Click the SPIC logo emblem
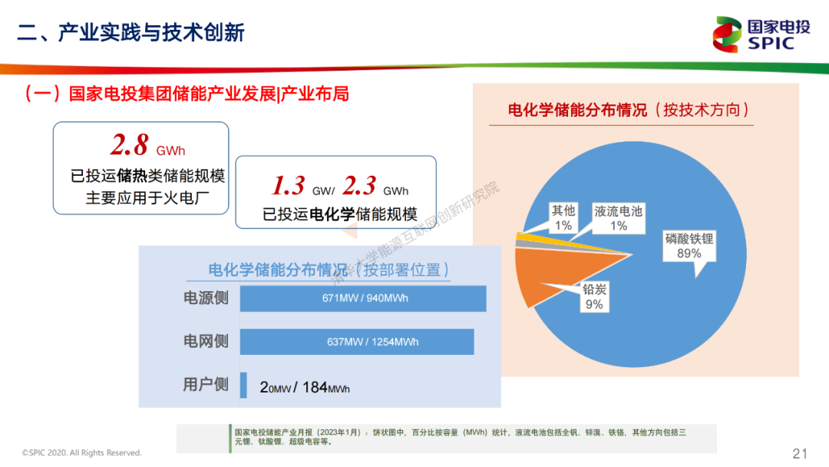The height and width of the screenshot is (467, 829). click(x=727, y=35)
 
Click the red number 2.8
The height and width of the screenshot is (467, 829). click(x=130, y=144)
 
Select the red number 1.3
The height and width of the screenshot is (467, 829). click(x=288, y=185)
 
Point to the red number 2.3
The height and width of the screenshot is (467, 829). click(x=359, y=185)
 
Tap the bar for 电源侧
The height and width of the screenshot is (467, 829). click(x=363, y=298)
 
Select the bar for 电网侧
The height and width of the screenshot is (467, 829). click(x=357, y=342)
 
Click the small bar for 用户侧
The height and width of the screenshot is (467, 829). click(x=243, y=385)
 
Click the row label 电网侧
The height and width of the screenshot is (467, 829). click(x=206, y=341)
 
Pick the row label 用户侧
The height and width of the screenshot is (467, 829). click(x=206, y=385)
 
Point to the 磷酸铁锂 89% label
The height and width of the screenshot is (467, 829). click(x=689, y=246)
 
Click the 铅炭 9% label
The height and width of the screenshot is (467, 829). click(x=594, y=296)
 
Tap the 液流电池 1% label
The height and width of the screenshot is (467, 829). click(x=619, y=218)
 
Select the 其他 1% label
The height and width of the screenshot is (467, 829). click(x=563, y=218)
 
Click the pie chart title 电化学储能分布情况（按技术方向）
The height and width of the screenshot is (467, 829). click(x=629, y=110)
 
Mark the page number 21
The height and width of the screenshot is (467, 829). click(x=800, y=453)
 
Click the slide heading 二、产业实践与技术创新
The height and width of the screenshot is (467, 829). click(x=130, y=32)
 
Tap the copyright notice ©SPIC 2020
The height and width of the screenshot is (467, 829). click(x=82, y=452)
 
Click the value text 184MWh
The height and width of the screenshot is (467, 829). click(x=325, y=388)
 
